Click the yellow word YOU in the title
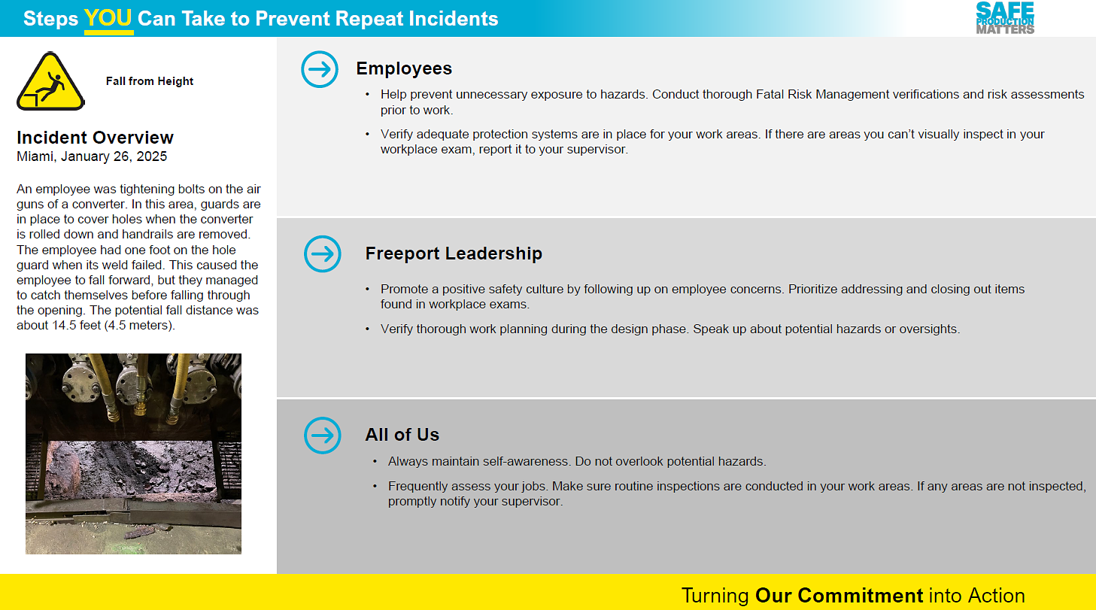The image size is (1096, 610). (x=108, y=18)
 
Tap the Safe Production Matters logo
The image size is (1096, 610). (x=1005, y=18)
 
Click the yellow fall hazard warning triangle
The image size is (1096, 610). (x=50, y=81)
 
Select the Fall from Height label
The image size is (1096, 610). (x=150, y=81)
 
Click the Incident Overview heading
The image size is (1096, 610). (x=95, y=138)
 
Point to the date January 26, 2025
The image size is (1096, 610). (x=114, y=156)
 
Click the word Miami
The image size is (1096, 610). (x=35, y=156)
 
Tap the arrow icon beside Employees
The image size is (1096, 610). (x=320, y=69)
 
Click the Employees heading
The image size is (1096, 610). (x=404, y=68)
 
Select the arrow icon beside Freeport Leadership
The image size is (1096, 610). (x=323, y=254)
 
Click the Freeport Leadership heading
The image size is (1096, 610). (x=454, y=253)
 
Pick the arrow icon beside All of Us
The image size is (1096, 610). (x=323, y=435)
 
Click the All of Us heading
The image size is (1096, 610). (x=402, y=435)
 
